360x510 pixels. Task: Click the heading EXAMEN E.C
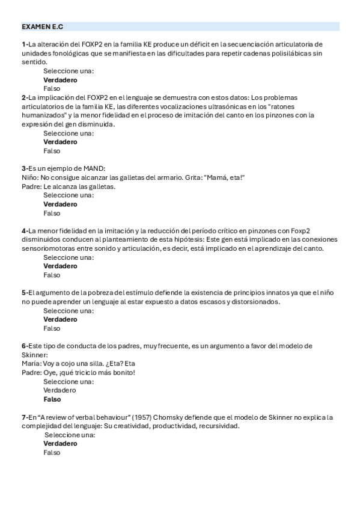click(x=42, y=27)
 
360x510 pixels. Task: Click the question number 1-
click(x=25, y=44)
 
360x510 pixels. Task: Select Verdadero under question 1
click(x=60, y=79)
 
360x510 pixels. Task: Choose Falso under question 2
click(x=52, y=151)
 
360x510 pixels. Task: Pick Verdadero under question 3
click(x=60, y=204)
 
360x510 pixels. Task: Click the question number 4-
click(x=25, y=230)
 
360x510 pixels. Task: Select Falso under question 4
click(x=52, y=275)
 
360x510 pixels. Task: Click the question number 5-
click(x=25, y=293)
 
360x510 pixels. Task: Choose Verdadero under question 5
click(x=60, y=319)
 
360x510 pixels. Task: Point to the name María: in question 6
click(x=30, y=364)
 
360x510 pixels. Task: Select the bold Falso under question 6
click(x=52, y=399)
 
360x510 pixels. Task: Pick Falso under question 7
click(x=52, y=452)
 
